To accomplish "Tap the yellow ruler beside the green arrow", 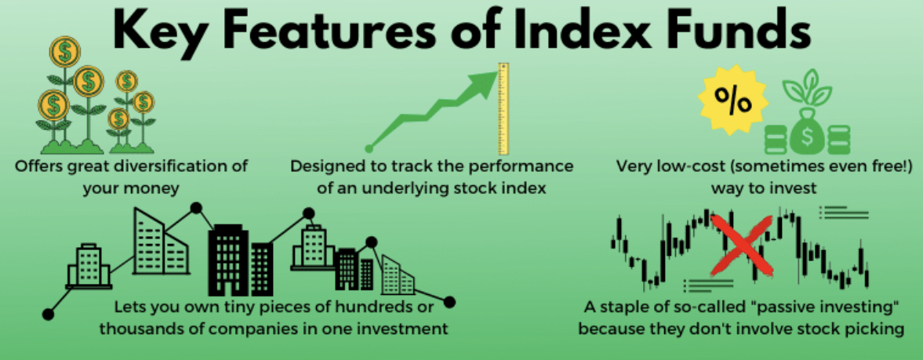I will (503, 109).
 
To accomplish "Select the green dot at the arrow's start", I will (369, 147).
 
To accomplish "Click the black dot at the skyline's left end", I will (48, 315).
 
